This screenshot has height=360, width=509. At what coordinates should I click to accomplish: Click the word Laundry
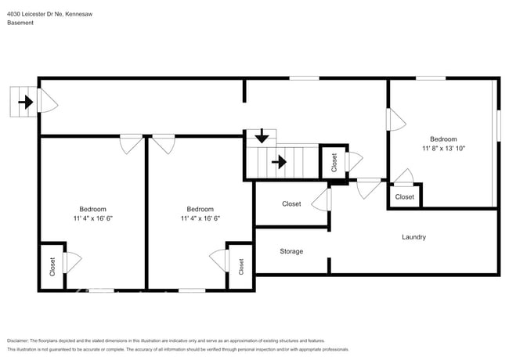point(413,237)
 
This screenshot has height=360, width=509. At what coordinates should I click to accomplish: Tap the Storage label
point(291,251)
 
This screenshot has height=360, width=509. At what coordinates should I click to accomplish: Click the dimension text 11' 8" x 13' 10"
point(443,148)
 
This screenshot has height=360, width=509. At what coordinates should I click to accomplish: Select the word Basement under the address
point(20,23)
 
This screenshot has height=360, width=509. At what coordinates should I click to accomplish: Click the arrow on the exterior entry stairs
point(25,102)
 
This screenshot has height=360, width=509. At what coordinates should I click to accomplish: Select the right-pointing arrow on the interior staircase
point(278,163)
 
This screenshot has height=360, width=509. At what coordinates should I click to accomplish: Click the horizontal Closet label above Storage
point(291,204)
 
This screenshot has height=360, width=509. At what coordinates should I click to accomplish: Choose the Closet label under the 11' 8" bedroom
point(404,197)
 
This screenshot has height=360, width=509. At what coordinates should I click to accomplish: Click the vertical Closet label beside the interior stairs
point(334,163)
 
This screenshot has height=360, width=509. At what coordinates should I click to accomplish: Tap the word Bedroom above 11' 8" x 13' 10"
point(443,139)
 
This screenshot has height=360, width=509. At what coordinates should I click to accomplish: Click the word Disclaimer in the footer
point(20,341)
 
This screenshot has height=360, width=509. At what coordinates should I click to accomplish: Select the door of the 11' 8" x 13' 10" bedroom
point(395,119)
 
